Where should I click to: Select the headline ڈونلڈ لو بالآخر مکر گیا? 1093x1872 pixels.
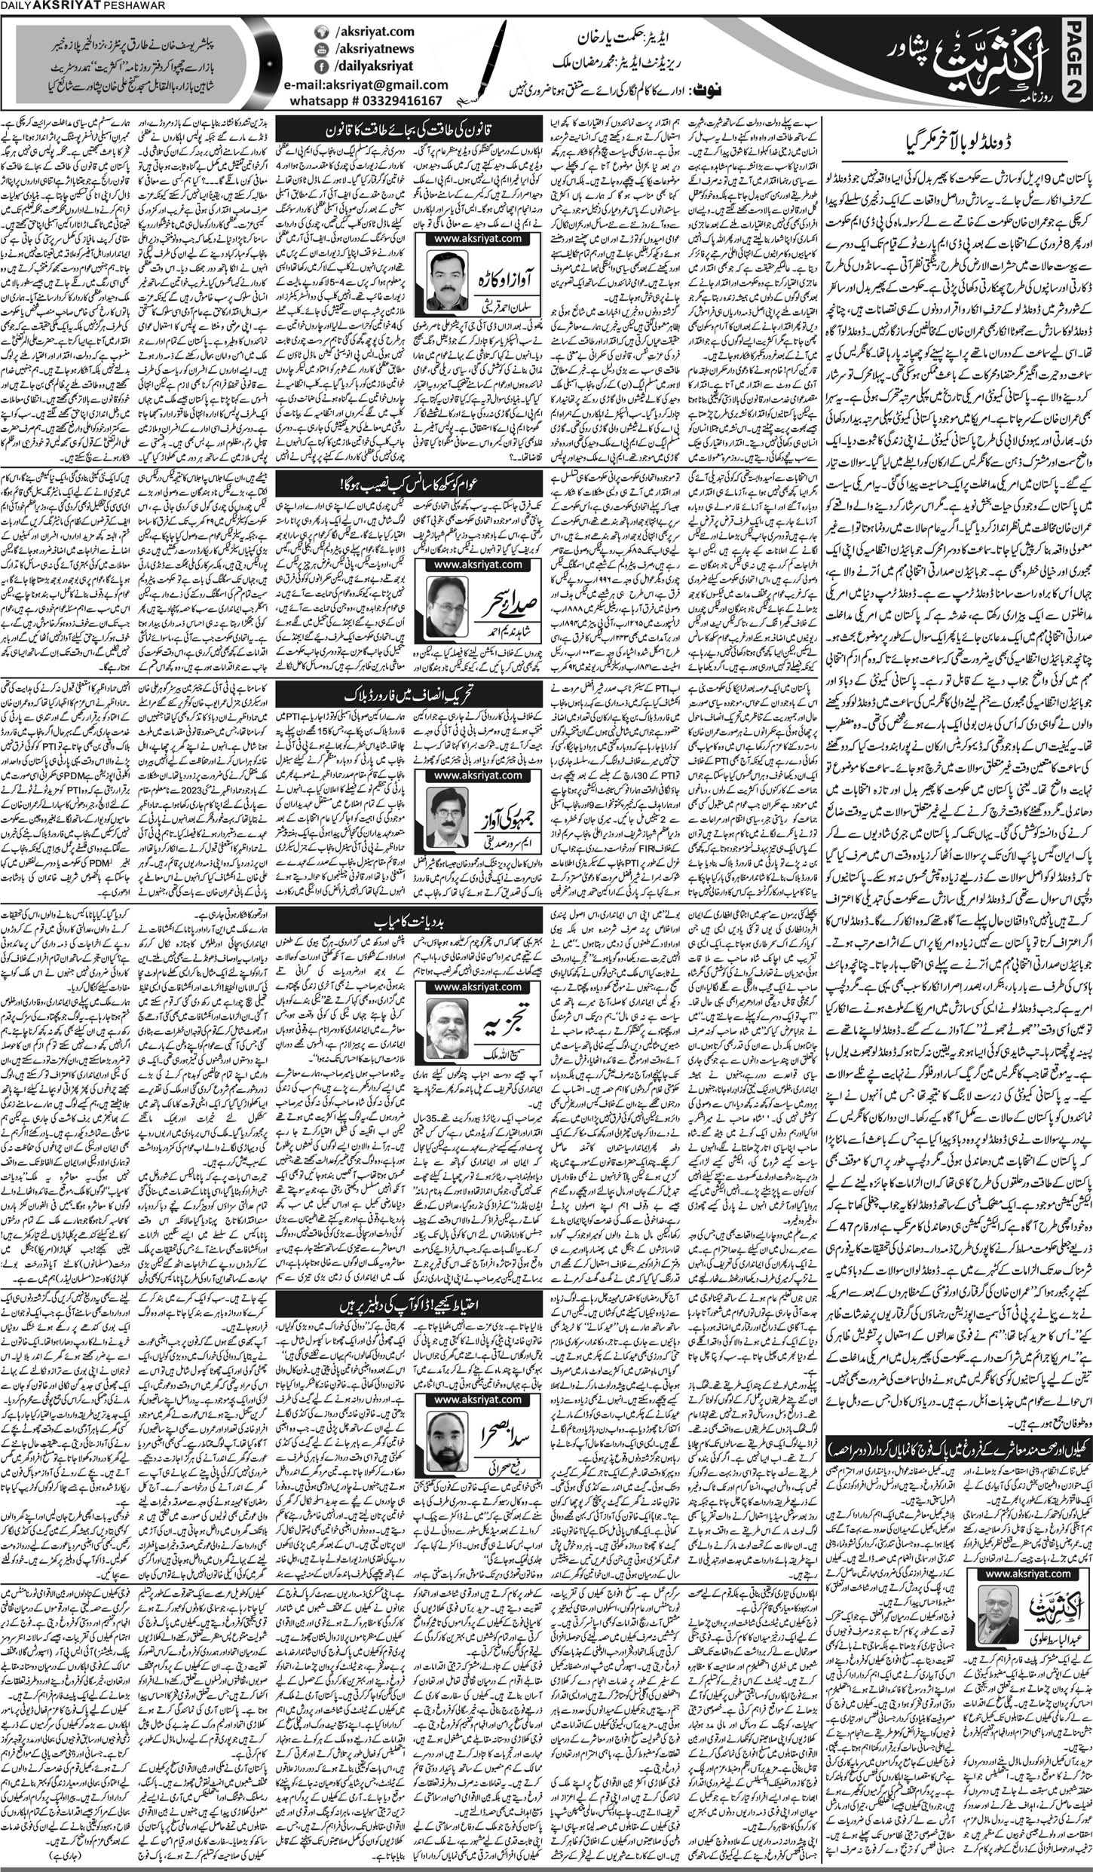point(955,142)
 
